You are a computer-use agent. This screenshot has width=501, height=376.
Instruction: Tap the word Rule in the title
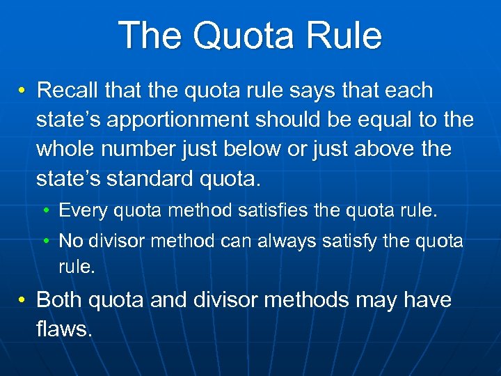coord(347,36)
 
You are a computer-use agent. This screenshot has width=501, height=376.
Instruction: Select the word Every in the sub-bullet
coord(79,210)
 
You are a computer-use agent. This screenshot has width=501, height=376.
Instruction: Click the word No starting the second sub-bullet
coord(70,241)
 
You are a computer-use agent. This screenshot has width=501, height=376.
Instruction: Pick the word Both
coord(60,300)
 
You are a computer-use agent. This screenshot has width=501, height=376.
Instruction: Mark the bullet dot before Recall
coord(23,91)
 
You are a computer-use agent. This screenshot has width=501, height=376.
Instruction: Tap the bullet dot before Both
coord(23,301)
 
